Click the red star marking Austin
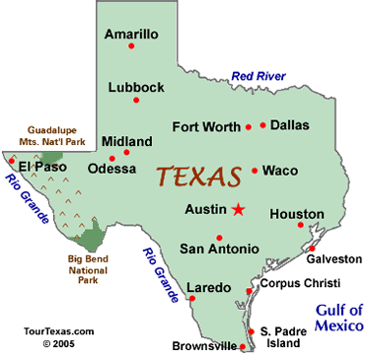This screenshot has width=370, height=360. point(238,208)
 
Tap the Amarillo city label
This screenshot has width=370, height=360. point(133,33)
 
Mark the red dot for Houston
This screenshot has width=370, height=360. point(300,226)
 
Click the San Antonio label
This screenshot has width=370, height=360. point(219,249)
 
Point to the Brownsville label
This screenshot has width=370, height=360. point(204,346)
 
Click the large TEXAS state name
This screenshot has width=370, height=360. point(199,178)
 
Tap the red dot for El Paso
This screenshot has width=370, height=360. point(13,159)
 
